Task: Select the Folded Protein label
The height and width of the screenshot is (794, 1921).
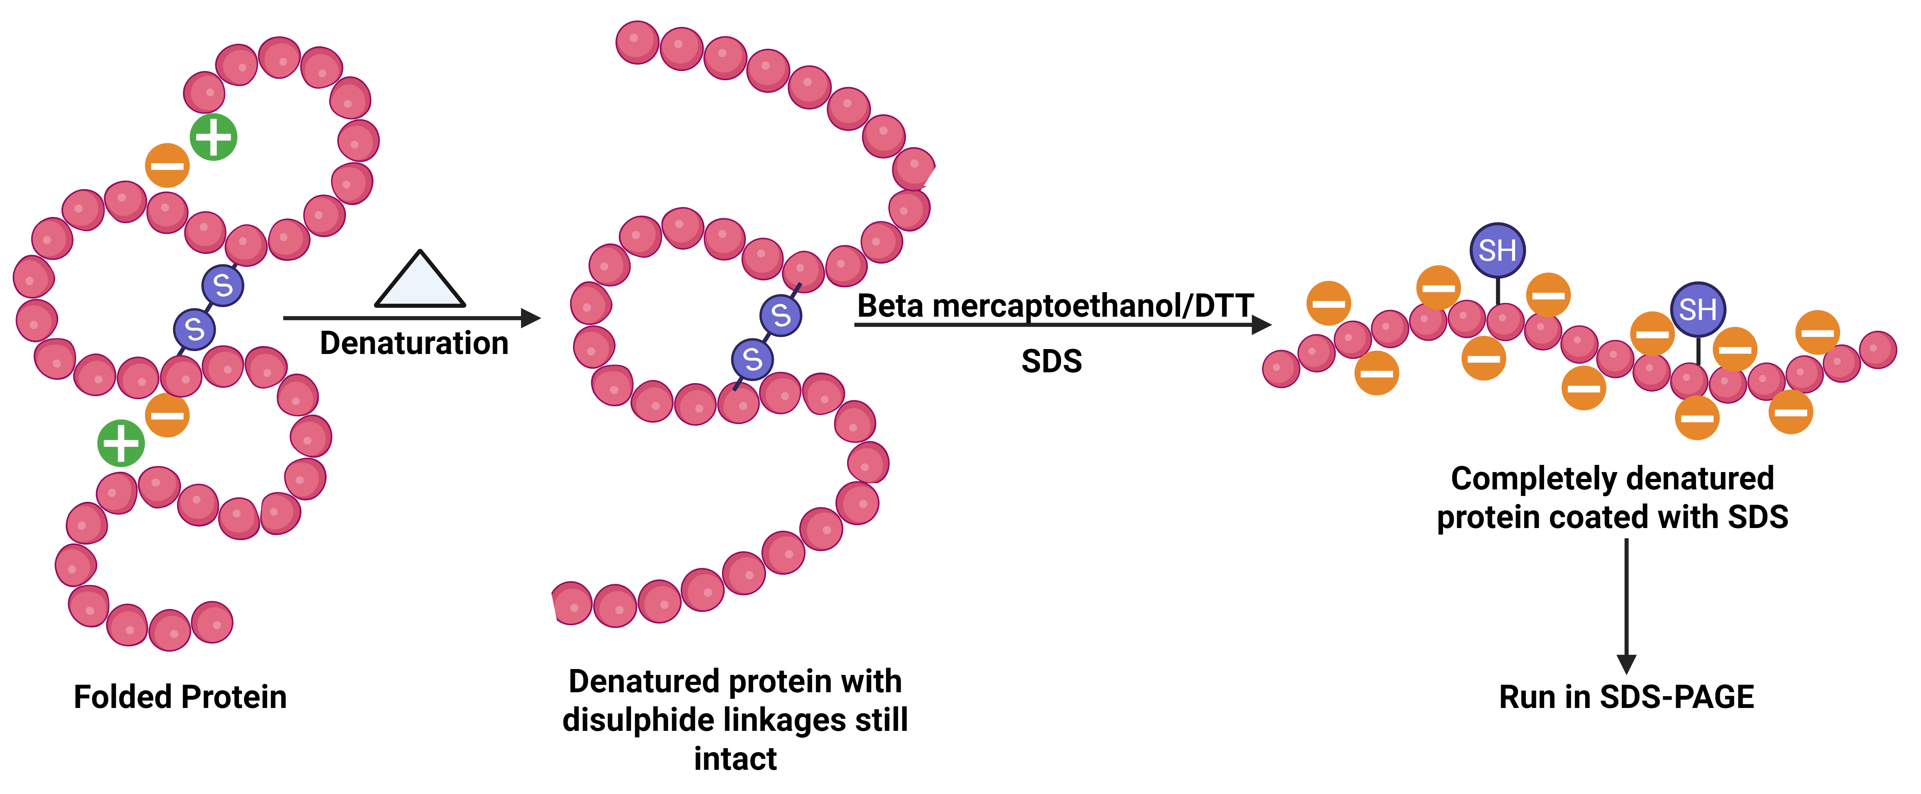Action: click(x=180, y=697)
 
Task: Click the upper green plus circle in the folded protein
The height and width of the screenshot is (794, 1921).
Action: click(x=213, y=137)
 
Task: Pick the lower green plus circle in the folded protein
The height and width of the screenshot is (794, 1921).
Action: click(x=121, y=444)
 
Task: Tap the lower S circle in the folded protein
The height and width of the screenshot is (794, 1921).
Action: click(x=195, y=329)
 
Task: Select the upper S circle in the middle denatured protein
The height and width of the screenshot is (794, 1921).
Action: click(x=781, y=315)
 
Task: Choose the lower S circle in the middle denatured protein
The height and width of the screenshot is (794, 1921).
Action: click(x=752, y=359)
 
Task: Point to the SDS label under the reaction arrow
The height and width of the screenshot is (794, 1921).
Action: click(x=1051, y=362)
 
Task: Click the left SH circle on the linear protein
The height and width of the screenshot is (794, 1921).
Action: click(x=1498, y=251)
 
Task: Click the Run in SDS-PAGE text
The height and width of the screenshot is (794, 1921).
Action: click(x=1626, y=697)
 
